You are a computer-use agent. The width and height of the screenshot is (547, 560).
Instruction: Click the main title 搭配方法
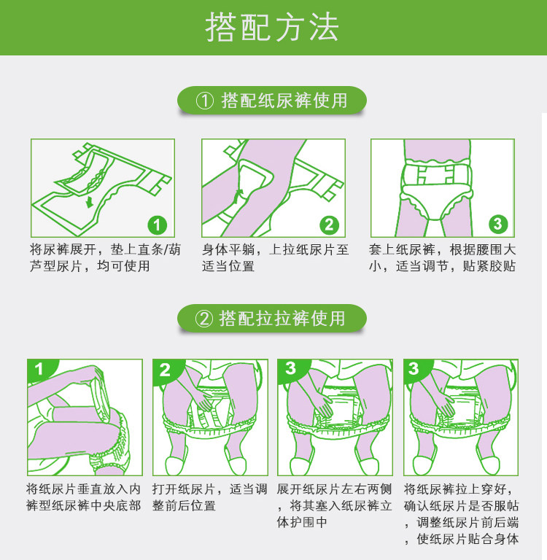click(272, 27)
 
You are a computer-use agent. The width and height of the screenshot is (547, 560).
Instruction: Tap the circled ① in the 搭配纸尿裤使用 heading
click(205, 101)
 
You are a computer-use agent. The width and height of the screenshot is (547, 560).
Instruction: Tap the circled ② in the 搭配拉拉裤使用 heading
click(203, 319)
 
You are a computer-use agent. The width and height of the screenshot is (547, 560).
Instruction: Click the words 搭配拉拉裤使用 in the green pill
click(282, 319)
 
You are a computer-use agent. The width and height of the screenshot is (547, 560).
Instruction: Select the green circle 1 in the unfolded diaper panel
click(158, 225)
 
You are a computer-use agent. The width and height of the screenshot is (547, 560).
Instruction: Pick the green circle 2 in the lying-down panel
click(329, 225)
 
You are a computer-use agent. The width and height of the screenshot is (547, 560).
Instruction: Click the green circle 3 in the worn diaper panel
click(498, 225)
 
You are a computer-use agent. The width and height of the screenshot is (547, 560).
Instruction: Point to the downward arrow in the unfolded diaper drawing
click(89, 202)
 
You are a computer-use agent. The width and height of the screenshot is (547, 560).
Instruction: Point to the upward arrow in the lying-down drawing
click(238, 195)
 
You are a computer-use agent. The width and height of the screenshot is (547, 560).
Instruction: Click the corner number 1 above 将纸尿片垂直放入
click(39, 368)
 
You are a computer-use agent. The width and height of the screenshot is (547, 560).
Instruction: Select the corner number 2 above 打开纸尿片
click(165, 370)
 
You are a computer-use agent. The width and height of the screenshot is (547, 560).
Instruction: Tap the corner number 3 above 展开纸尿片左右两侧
click(290, 368)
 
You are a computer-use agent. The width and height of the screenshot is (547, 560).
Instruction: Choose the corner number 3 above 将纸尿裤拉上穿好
click(414, 368)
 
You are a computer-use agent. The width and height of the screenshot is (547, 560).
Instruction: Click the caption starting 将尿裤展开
click(105, 257)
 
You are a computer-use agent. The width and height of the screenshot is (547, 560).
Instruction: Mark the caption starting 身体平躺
click(275, 257)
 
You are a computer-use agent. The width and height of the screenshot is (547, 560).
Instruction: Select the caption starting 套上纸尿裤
click(443, 257)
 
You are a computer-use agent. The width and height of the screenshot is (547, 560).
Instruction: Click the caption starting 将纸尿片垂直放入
click(83, 497)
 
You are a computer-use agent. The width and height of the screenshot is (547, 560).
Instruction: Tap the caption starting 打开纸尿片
click(210, 497)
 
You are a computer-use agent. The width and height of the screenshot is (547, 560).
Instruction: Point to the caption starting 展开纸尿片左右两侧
click(335, 505)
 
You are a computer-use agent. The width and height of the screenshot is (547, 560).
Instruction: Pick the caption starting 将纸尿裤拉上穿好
click(461, 513)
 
